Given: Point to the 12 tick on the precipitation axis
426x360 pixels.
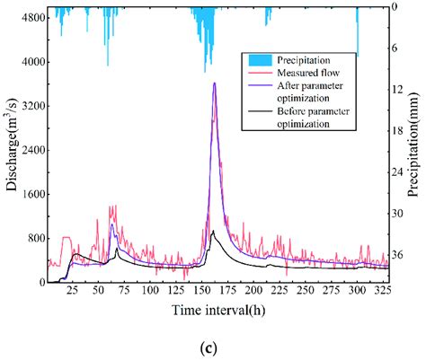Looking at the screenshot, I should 404,90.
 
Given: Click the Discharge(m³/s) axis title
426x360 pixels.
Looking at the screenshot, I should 10,148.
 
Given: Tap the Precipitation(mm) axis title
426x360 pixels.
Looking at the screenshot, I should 418,148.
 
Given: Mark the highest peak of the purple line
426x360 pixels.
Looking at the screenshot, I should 214,83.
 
